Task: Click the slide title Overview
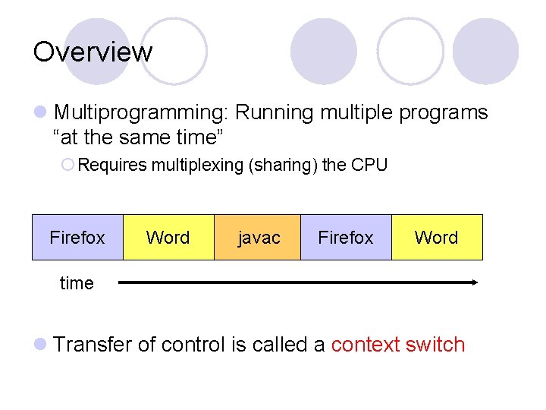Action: [x=93, y=52]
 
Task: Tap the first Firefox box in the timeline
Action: [x=77, y=238]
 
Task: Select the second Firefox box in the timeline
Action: [x=346, y=238]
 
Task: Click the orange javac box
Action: [x=259, y=238]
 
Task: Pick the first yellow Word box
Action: [x=168, y=238]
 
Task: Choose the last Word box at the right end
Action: [x=436, y=238]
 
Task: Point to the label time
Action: [x=77, y=283]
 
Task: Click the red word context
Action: [x=366, y=345]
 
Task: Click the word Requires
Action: [x=111, y=165]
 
